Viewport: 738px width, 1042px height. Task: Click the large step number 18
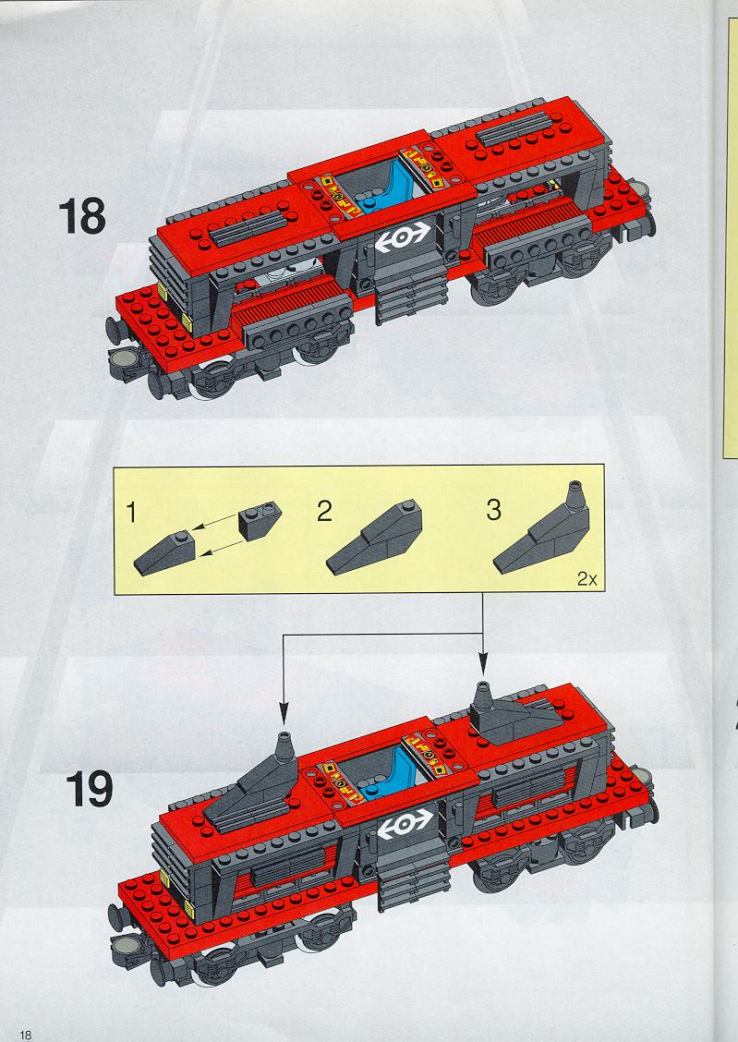tap(81, 217)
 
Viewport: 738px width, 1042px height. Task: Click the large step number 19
tap(90, 789)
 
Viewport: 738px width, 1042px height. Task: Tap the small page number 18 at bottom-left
tap(26, 1035)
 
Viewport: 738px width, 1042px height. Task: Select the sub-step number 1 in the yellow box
tap(131, 513)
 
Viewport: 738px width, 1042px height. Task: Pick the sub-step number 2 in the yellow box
tap(324, 511)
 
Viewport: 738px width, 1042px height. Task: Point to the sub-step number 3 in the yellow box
tap(493, 510)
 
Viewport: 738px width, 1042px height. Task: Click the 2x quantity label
tap(587, 579)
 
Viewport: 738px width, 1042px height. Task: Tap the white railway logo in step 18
tap(403, 236)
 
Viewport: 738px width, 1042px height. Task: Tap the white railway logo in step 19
tap(405, 825)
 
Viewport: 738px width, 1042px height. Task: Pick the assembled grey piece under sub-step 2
tap(374, 537)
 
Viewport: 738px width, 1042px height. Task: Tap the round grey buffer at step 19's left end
tap(125, 944)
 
